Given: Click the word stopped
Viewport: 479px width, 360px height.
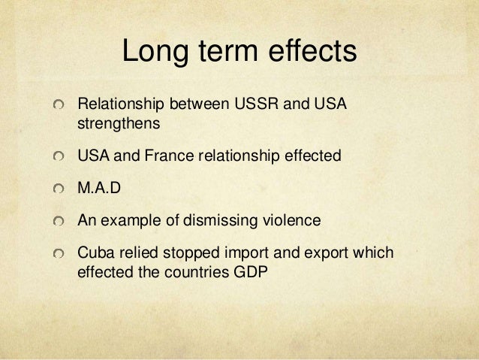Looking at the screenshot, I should tap(183, 253).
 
